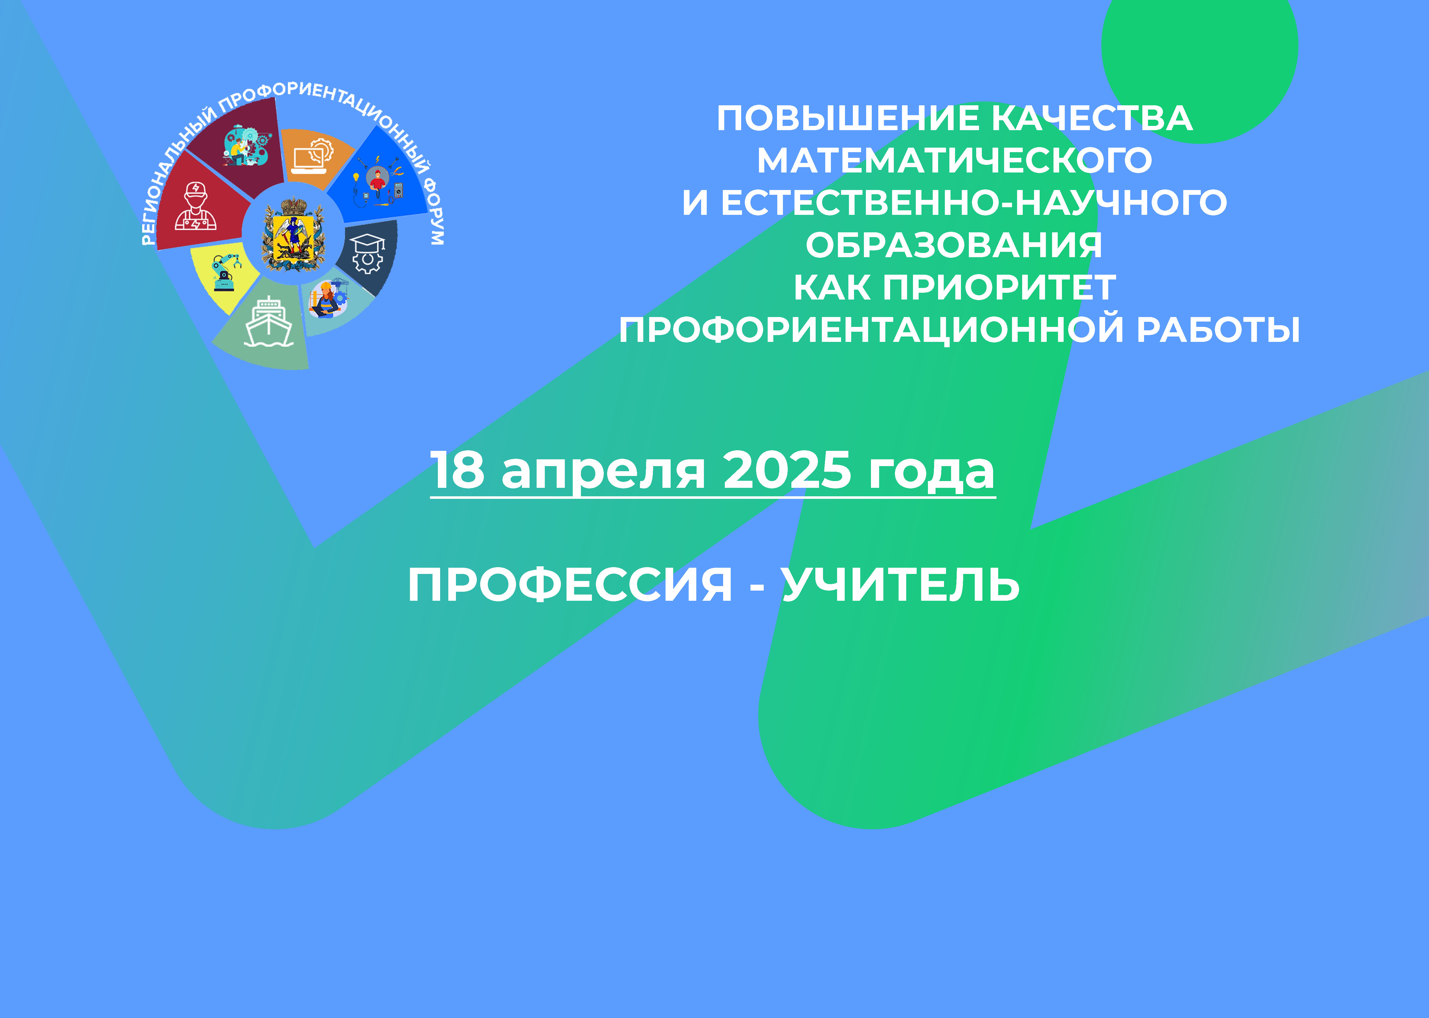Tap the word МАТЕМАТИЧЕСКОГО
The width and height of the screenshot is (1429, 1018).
(x=954, y=160)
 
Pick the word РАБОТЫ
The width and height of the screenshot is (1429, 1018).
(x=1219, y=330)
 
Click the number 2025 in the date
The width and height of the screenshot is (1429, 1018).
(x=787, y=470)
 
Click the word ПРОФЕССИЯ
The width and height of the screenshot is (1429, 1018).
(x=570, y=585)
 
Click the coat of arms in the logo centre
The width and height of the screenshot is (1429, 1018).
(x=293, y=234)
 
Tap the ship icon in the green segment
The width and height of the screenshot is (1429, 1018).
(x=269, y=322)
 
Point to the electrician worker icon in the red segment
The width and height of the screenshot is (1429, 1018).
(x=196, y=207)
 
